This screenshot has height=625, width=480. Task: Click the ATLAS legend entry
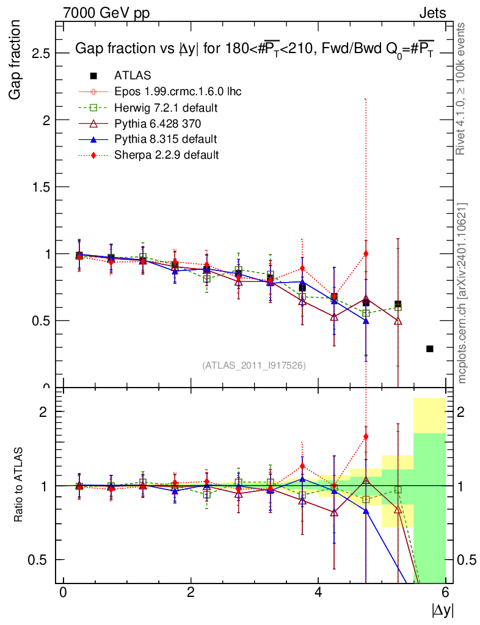(132, 76)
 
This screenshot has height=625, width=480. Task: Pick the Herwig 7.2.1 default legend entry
(166, 107)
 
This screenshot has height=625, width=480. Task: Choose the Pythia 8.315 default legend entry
(165, 139)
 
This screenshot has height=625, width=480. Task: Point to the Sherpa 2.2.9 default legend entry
(166, 155)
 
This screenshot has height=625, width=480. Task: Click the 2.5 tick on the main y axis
(42, 53)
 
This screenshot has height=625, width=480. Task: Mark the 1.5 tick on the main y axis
(42, 187)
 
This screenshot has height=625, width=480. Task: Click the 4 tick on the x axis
(318, 593)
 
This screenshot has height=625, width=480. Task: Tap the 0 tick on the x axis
(63, 593)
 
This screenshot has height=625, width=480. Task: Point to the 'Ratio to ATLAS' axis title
(18, 486)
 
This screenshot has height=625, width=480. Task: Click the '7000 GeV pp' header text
(106, 12)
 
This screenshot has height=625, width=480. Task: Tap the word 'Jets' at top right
(432, 12)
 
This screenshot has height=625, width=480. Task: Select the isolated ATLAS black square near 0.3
(430, 349)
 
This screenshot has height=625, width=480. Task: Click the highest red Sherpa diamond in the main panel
(366, 253)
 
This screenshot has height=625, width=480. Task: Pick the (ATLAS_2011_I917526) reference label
(254, 365)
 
